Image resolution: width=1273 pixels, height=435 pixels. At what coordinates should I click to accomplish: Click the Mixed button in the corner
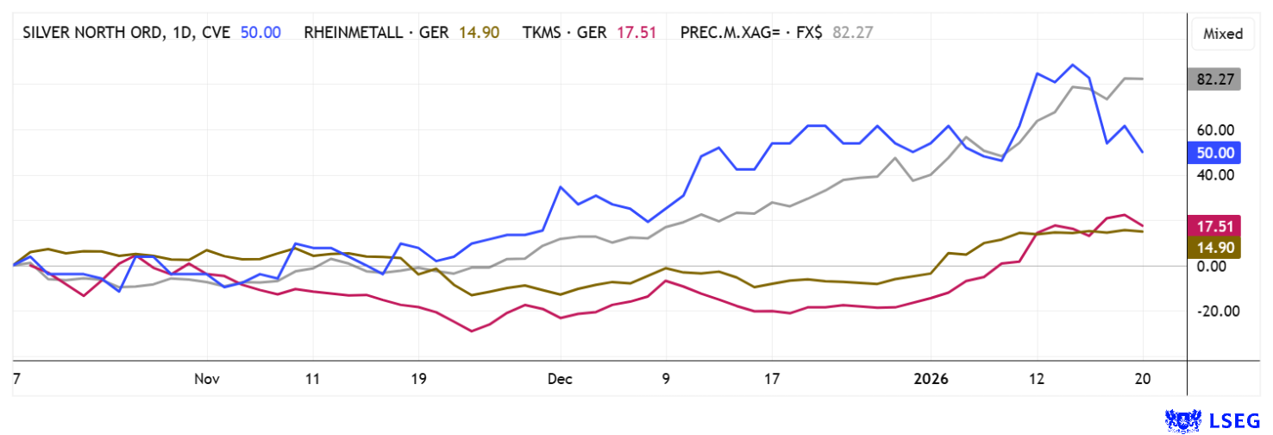click(x=1223, y=35)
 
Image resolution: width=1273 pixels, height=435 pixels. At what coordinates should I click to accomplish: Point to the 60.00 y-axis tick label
click(x=1216, y=130)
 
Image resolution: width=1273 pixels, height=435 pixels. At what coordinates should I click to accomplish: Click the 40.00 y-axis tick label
click(x=1216, y=175)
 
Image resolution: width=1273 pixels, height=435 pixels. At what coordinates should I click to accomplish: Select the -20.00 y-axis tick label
click(x=1214, y=312)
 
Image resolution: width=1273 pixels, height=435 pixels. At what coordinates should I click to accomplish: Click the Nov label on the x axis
click(x=208, y=379)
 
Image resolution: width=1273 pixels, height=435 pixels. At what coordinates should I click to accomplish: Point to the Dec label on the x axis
click(x=560, y=379)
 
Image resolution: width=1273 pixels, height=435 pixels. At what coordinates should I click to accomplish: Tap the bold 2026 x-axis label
click(x=931, y=379)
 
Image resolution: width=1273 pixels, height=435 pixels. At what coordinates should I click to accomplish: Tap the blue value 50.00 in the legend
click(x=260, y=32)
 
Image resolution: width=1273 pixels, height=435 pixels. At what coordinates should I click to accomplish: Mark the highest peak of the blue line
click(x=1072, y=65)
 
